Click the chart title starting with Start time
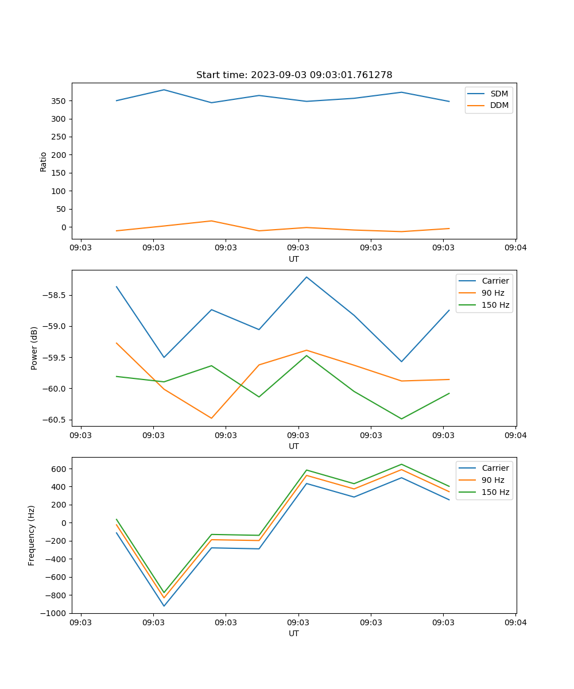[294, 75]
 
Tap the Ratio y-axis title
[44, 161]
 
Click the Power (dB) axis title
[34, 348]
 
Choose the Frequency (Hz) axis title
[32, 535]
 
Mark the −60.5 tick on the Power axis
[55, 420]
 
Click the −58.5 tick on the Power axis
[55, 296]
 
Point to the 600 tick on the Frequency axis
[59, 469]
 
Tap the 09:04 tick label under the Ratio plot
[515, 248]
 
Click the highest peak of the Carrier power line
[307, 277]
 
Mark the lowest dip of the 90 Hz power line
[211, 418]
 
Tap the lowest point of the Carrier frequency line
[164, 606]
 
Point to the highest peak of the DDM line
[211, 221]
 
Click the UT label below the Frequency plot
[293, 633]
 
